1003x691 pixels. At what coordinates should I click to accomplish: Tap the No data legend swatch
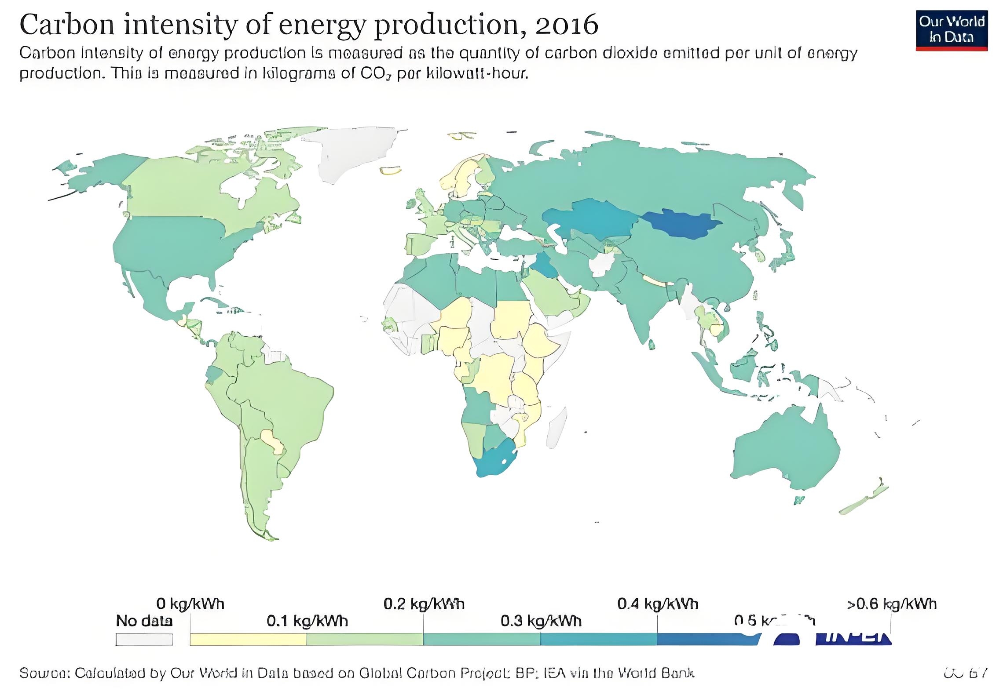tap(144, 639)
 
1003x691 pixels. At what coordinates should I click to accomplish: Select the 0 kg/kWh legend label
tap(190, 604)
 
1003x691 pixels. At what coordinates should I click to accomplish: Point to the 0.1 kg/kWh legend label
tap(307, 621)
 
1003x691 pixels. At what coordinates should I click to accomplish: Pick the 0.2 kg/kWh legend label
tap(424, 604)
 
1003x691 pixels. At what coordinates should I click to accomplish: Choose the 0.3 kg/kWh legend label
tap(541, 621)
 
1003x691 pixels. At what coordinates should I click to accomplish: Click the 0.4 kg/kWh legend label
tap(658, 604)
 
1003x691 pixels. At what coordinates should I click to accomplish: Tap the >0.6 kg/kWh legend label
tap(892, 604)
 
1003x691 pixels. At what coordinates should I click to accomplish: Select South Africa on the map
tap(495, 459)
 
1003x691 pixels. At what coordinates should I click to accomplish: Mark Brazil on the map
tap(282, 396)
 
